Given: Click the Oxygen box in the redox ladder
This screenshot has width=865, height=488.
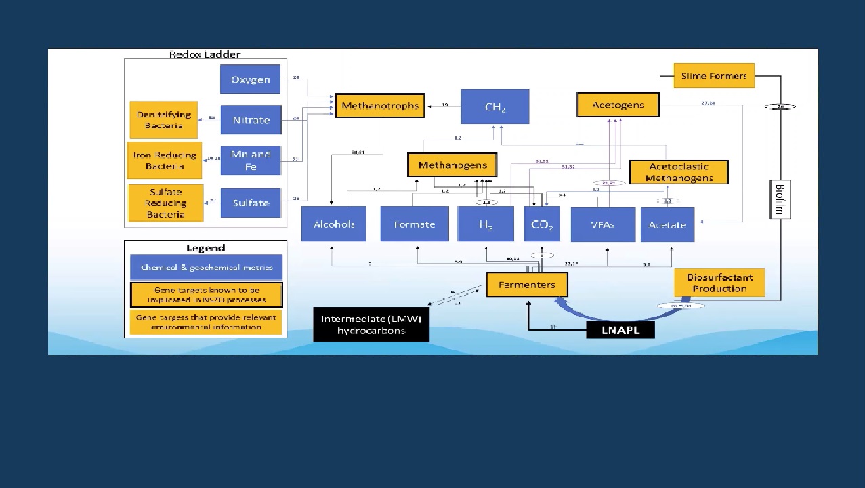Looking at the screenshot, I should [x=250, y=79].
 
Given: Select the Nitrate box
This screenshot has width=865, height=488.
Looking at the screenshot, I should [x=251, y=120].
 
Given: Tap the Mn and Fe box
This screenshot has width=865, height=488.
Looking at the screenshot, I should [x=251, y=160].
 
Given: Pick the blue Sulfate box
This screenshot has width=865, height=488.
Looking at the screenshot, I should [x=251, y=203].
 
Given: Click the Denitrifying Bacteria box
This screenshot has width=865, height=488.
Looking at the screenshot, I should [x=164, y=120].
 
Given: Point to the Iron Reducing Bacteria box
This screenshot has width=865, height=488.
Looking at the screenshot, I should [x=165, y=161].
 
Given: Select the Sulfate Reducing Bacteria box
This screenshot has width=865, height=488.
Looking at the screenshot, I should [x=166, y=203].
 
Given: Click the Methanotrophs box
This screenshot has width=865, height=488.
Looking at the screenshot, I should [x=380, y=106].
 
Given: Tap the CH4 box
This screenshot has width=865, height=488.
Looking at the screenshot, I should [x=495, y=107].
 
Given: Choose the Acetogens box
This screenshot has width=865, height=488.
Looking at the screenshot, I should [x=618, y=105].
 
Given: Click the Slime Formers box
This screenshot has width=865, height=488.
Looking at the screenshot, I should [x=714, y=76].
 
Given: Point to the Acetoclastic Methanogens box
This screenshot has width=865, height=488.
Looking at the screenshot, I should [x=679, y=172].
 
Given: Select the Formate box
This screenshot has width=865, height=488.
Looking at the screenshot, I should [x=415, y=224].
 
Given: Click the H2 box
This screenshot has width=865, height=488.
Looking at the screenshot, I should [x=486, y=224].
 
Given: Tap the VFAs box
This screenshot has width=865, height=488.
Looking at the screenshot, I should [x=603, y=224].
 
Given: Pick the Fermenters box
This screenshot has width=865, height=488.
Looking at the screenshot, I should [x=526, y=285].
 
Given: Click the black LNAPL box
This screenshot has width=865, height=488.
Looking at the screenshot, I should [x=620, y=330].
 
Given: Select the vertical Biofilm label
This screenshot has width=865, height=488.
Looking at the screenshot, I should [x=780, y=199].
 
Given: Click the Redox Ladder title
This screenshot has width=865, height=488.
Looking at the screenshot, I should [x=205, y=54].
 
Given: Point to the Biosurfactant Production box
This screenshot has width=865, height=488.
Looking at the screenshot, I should [x=719, y=283].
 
